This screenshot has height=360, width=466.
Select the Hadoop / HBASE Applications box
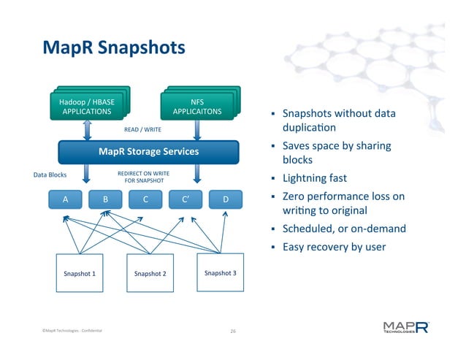pyautogui.click(x=86, y=107)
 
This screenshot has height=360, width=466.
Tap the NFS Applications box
pyautogui.click(x=196, y=107)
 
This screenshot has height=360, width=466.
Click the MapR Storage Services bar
pyautogui.click(x=148, y=152)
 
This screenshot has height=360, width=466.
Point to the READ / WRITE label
pyautogui.click(x=142, y=130)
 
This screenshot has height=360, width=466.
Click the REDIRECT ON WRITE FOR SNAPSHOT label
pyautogui.click(x=143, y=177)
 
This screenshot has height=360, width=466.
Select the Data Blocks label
pyautogui.click(x=50, y=175)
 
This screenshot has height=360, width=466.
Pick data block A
pyautogui.click(x=66, y=199)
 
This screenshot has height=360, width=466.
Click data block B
pyautogui.click(x=105, y=199)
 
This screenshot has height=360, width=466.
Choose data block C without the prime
pyautogui.click(x=145, y=199)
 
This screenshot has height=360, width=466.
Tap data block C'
pyautogui.click(x=185, y=199)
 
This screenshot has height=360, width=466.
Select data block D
pyautogui.click(x=225, y=199)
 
